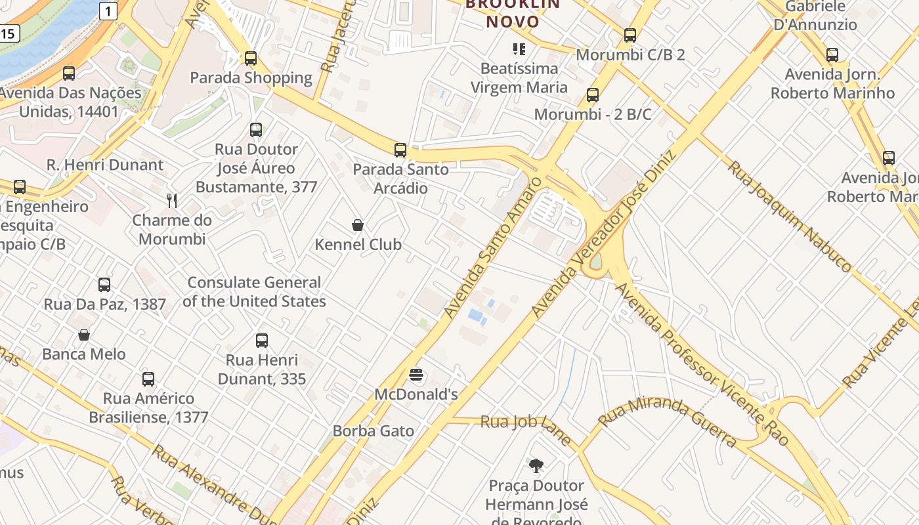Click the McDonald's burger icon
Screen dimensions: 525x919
coord(416,375)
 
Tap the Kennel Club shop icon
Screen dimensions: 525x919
coord(358,226)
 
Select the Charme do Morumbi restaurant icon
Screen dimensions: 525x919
coord(172,201)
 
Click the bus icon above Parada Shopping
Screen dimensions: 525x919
coord(250,58)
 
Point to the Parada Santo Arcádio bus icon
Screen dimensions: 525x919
coord(400,150)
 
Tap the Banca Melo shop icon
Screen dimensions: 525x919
coord(84,335)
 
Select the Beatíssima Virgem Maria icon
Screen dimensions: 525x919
coord(519,49)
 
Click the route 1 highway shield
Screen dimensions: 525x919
coord(108,10)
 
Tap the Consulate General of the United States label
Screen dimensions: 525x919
coord(254,292)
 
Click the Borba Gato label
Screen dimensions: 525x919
coord(374,431)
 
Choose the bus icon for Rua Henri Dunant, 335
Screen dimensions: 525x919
coord(262,341)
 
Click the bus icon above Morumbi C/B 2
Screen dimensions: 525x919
coord(630,35)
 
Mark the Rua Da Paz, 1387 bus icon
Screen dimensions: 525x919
coord(104,285)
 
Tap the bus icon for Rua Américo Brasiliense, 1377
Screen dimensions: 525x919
coord(148,379)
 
